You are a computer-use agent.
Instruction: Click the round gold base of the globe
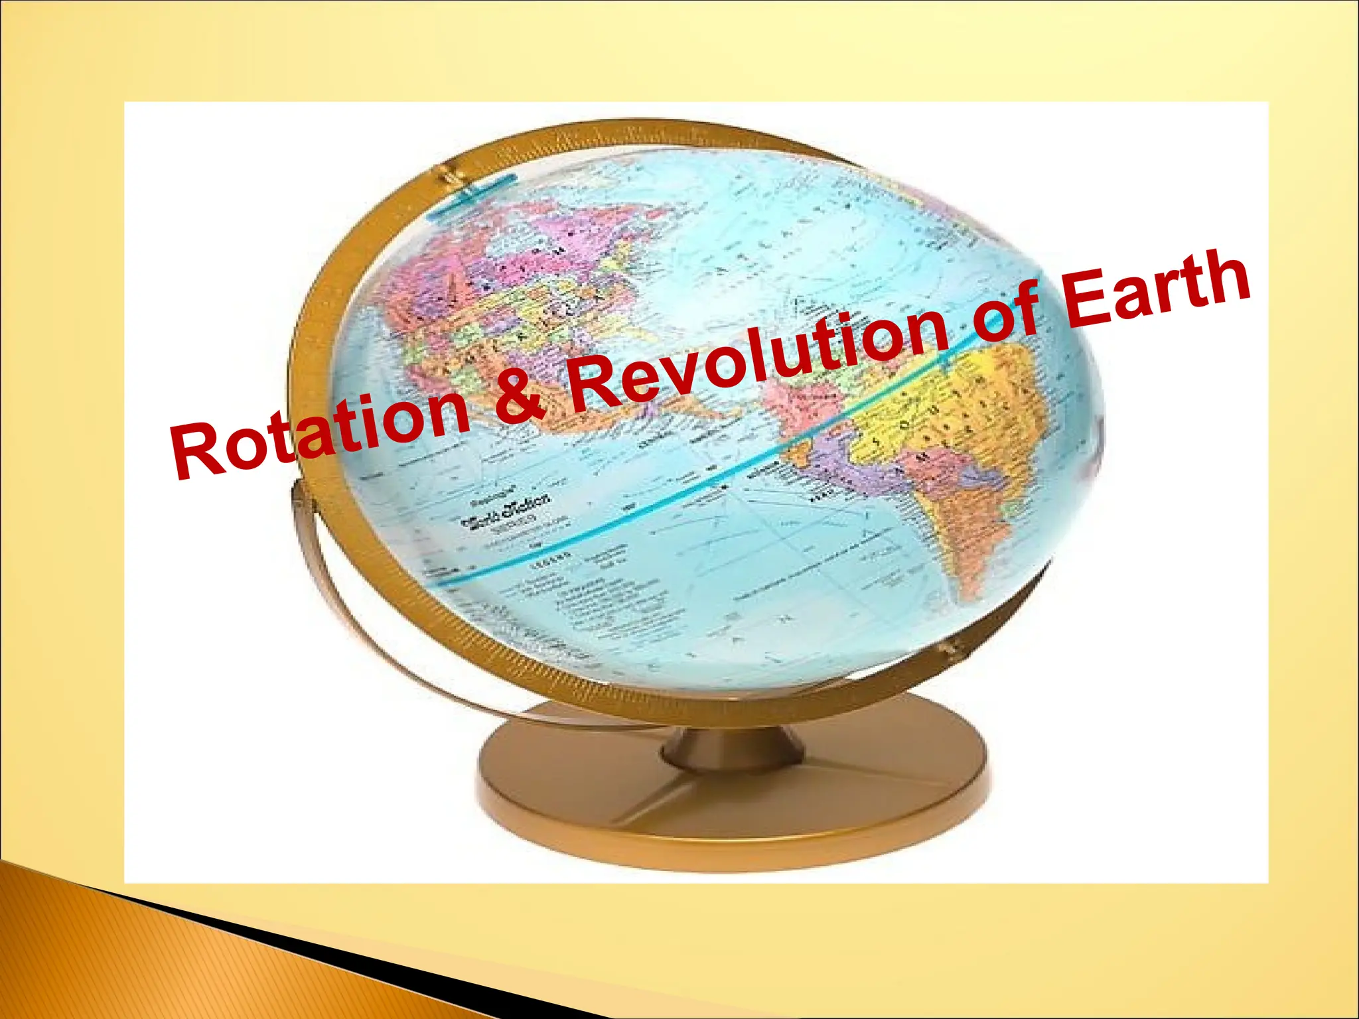730,809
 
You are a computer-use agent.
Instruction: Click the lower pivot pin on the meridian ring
952,650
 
